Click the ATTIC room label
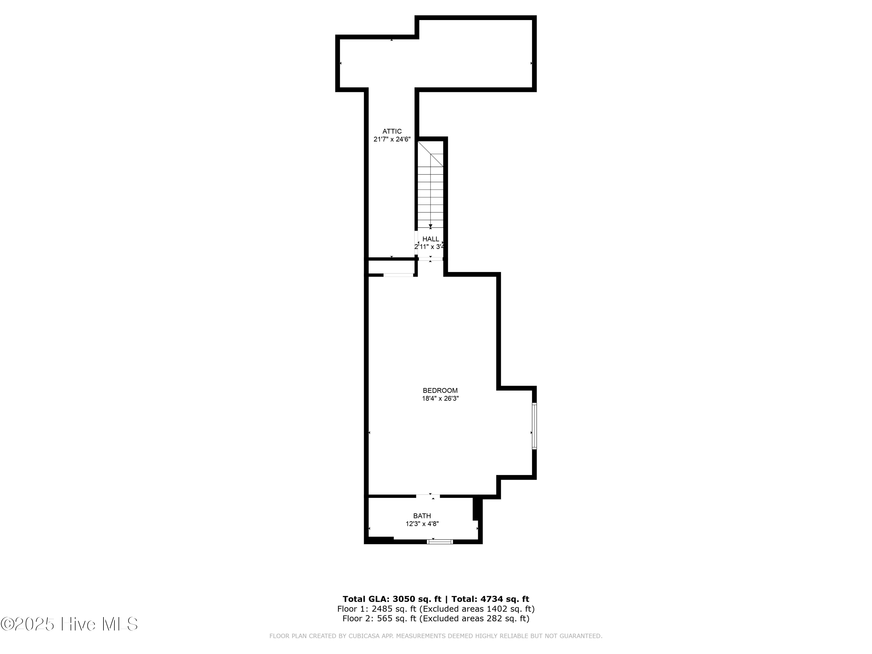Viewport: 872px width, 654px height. pos(392,131)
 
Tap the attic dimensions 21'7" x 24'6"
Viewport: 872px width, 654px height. pos(392,139)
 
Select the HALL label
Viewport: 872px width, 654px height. pos(430,239)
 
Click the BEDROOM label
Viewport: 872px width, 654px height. pos(440,391)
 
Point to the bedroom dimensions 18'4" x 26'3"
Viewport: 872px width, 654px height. pos(440,399)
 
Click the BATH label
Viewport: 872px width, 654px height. pos(422,516)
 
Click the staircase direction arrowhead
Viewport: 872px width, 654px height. pos(430,226)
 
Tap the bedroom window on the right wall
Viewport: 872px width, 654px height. pos(534,426)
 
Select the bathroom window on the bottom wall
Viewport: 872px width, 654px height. pos(440,542)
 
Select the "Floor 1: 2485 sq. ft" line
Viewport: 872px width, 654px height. pos(436,609)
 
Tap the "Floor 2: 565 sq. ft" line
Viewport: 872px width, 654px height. pos(436,619)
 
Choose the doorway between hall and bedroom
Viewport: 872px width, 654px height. pos(430,259)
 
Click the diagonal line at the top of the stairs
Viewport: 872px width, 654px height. pos(430,154)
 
